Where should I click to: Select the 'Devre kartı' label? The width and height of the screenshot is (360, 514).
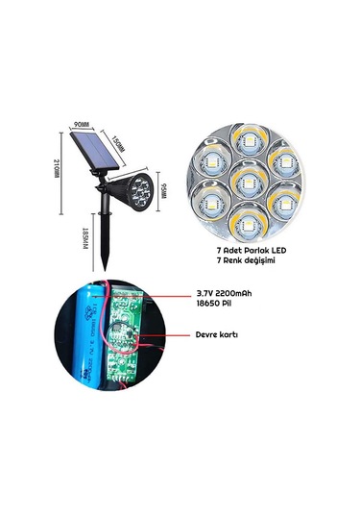pyautogui.click(x=218, y=336)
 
